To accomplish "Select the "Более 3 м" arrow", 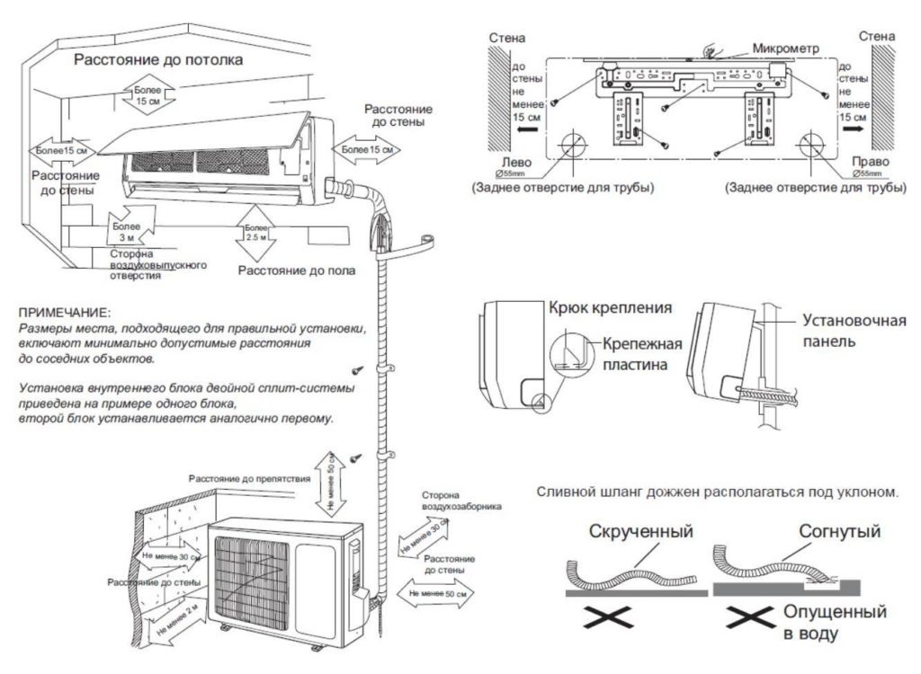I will (x=126, y=230).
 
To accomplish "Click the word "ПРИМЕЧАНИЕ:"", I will (x=64, y=312).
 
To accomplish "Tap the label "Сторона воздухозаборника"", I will (x=460, y=501).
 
